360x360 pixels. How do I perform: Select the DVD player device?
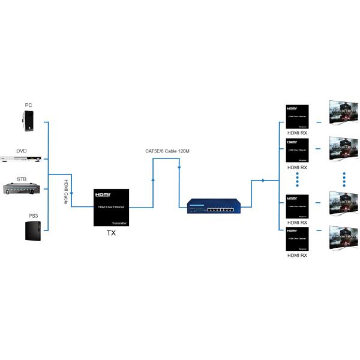tap(22, 160)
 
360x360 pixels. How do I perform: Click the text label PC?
tap(28, 106)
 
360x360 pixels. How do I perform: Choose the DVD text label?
tap(22, 151)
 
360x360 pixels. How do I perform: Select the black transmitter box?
tap(112, 208)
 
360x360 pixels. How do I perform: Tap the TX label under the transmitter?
tap(111, 233)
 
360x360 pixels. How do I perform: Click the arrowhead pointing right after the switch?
tap(262, 180)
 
